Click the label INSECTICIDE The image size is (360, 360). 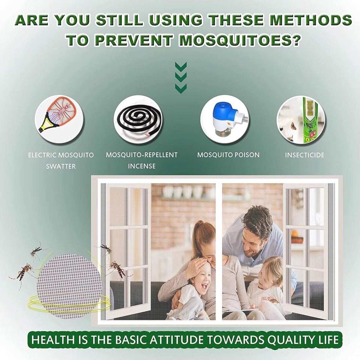[x=304, y=155]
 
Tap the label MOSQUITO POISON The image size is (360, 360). [x=229, y=155]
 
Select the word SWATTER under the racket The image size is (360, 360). [x=61, y=166]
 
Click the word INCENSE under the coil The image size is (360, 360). [x=142, y=166]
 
